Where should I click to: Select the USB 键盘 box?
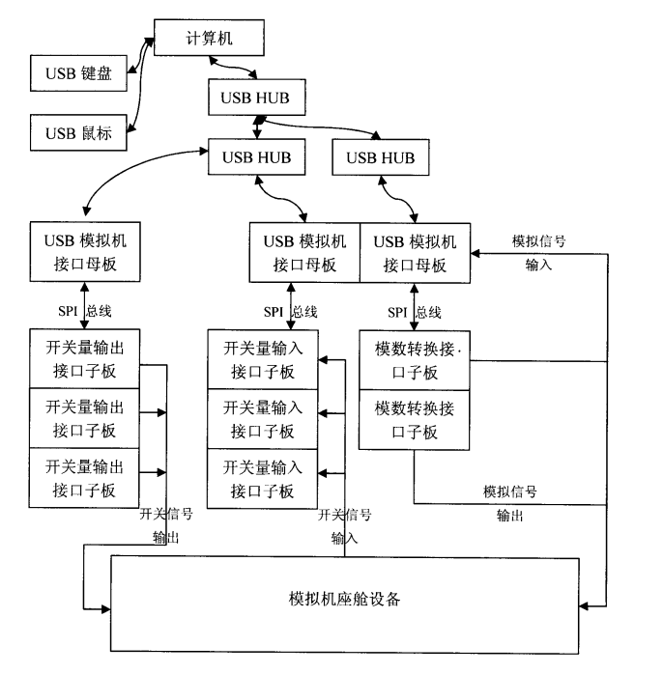79,73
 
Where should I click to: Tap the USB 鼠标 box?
79,133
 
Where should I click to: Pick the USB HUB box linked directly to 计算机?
255,98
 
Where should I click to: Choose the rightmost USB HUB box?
380,156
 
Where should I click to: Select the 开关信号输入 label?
344,525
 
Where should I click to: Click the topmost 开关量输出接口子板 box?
85,358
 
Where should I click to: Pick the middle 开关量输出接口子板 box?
85,418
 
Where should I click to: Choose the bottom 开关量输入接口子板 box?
262,478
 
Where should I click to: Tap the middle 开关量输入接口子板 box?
262,418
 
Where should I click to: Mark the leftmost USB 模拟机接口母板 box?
85,250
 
